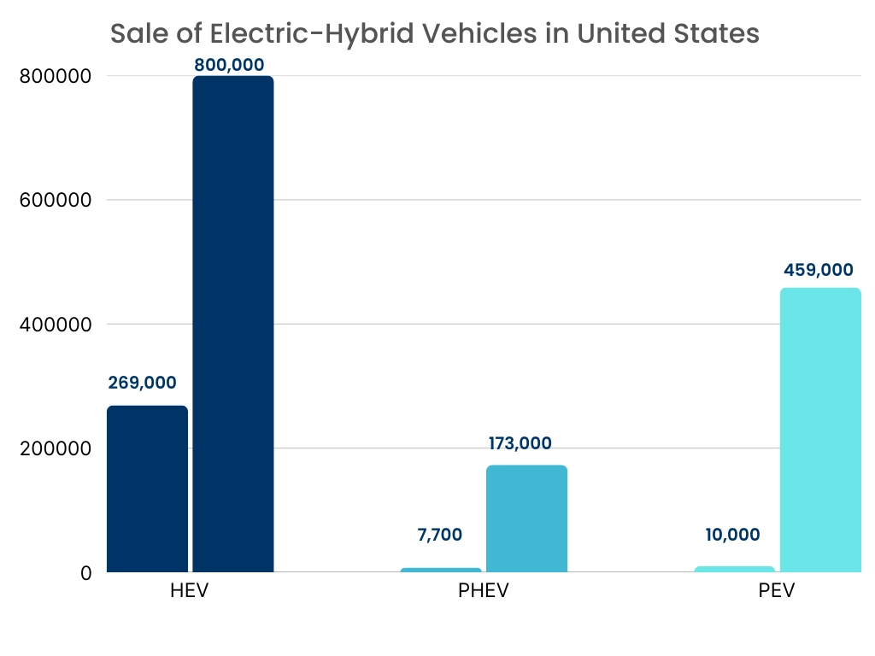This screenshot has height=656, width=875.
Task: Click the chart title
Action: click(435, 33)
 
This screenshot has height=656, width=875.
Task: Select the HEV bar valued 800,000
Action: click(232, 324)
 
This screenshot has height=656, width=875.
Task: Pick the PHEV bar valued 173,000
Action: click(526, 518)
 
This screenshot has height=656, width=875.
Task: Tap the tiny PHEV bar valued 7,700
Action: click(441, 570)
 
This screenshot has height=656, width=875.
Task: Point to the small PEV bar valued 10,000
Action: click(735, 569)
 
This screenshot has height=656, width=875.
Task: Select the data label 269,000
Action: click(142, 383)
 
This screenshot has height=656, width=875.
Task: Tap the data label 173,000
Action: click(520, 443)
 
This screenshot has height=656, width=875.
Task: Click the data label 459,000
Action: click(818, 270)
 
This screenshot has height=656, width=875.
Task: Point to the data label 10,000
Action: click(732, 536)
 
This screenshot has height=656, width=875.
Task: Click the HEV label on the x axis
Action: click(190, 592)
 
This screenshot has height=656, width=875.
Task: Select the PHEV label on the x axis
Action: click(484, 592)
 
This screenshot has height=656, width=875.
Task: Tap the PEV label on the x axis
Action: click(777, 592)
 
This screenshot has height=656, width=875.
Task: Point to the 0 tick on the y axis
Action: click(85, 573)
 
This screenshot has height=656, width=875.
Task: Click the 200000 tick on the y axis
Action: click(55, 448)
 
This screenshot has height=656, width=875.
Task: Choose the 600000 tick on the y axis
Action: click(55, 200)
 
